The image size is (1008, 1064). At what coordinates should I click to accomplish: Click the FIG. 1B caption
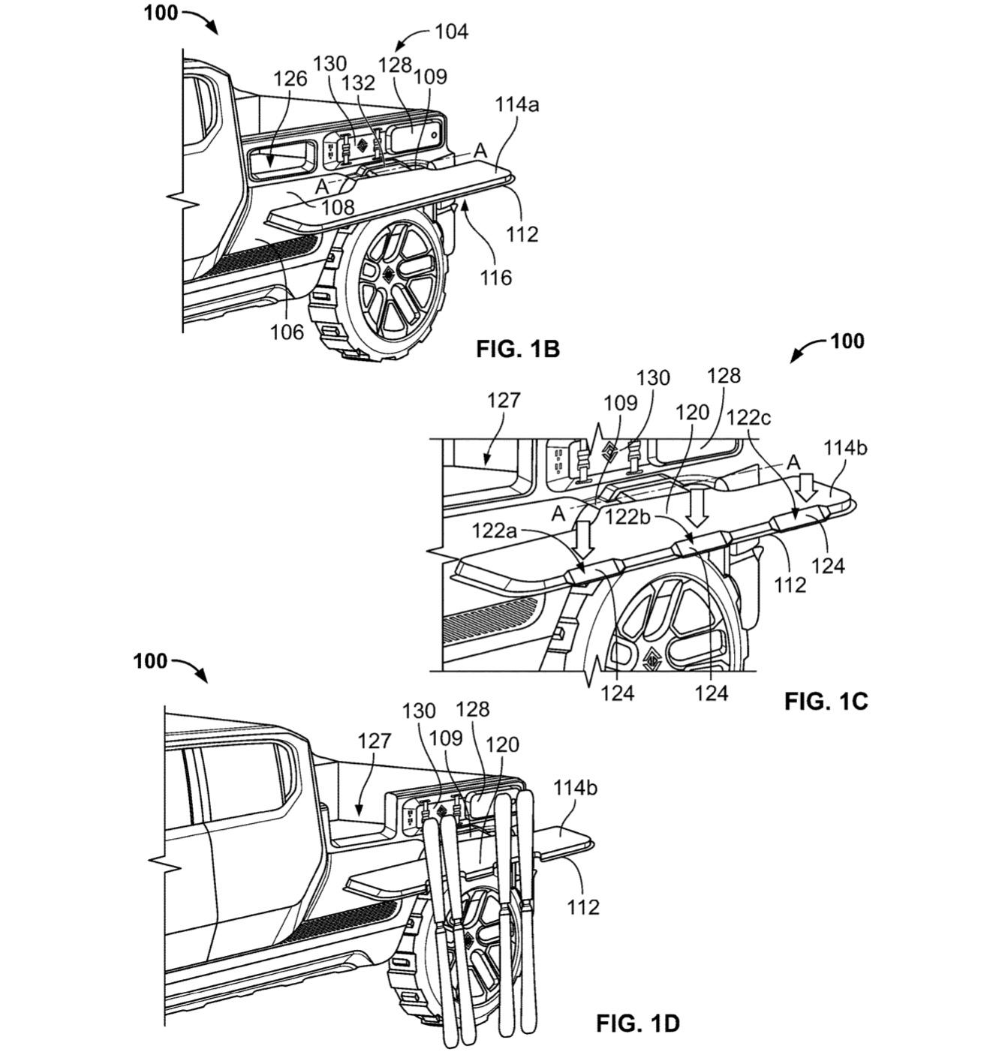pyautogui.click(x=517, y=349)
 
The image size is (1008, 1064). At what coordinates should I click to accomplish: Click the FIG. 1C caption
pyautogui.click(x=826, y=701)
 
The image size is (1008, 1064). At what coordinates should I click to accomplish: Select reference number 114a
pyautogui.click(x=516, y=105)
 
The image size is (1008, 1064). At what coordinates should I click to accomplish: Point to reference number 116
pyautogui.click(x=495, y=278)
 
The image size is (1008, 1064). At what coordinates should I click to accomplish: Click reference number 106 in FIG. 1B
pyautogui.click(x=287, y=330)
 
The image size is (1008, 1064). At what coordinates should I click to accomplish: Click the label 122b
pyautogui.click(x=628, y=517)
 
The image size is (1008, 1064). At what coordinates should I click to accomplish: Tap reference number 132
pyautogui.click(x=358, y=83)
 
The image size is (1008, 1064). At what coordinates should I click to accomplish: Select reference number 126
pyautogui.click(x=290, y=78)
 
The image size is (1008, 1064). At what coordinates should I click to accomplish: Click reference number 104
pyautogui.click(x=451, y=32)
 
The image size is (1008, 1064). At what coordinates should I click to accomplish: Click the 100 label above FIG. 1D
pyautogui.click(x=151, y=661)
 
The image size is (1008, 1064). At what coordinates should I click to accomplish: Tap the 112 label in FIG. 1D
pyautogui.click(x=583, y=906)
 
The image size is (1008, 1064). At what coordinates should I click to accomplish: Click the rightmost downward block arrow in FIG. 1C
pyautogui.click(x=808, y=486)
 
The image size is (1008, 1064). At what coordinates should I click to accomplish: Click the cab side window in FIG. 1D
pyautogui.click(x=240, y=780)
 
